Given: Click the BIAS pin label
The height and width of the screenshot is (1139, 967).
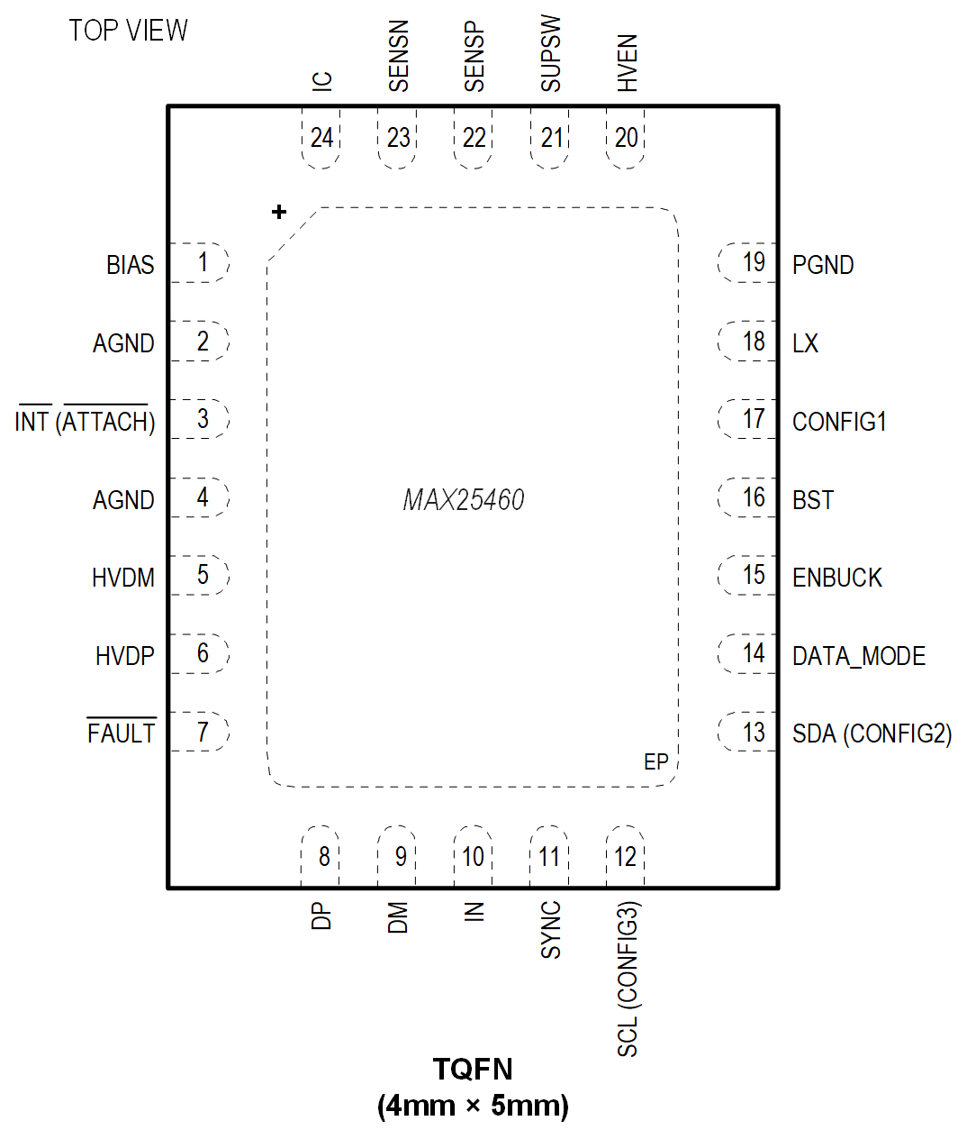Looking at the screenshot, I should click(130, 265).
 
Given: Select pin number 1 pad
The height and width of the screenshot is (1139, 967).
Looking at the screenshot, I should click(203, 262).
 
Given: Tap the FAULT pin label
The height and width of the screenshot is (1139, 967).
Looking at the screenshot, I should click(122, 734).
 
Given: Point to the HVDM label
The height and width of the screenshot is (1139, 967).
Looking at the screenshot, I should click(123, 578).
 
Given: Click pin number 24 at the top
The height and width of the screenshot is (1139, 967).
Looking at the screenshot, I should click(321, 138).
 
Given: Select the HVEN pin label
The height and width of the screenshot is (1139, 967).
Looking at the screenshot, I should click(628, 63).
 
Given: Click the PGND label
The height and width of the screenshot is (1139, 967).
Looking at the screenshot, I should click(823, 265).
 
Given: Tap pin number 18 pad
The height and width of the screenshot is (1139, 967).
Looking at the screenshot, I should click(753, 342).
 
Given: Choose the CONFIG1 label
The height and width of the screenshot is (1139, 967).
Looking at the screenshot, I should click(839, 422).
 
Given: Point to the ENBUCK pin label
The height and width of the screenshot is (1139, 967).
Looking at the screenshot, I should click(837, 578).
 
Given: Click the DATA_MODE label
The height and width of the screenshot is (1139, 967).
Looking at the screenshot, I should click(859, 656).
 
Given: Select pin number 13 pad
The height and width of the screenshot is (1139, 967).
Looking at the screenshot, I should click(753, 733).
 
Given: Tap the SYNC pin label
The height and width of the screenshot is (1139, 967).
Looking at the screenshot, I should click(550, 930).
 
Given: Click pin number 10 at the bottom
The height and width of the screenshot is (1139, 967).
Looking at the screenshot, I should click(473, 856).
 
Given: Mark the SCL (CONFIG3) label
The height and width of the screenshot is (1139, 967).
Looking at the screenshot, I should click(628, 980).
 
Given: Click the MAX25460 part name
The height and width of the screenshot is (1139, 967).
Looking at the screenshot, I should click(464, 500).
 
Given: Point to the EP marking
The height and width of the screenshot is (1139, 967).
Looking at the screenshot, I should click(656, 762).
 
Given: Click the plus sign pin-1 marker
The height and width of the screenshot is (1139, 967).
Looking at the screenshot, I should click(279, 212).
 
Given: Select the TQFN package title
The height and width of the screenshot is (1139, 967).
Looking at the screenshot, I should click(473, 1070).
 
